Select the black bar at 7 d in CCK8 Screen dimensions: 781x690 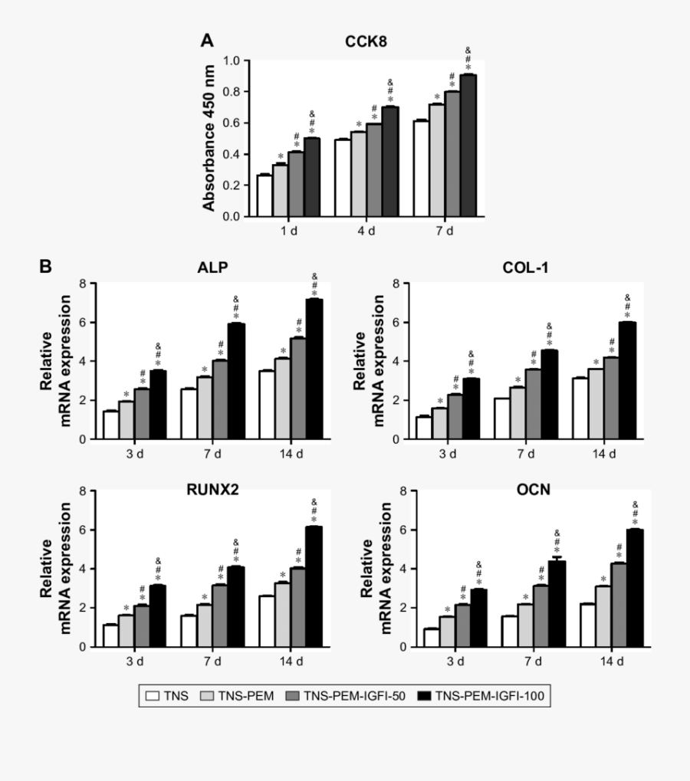tap(468, 146)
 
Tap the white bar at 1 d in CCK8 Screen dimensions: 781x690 tap(264, 196)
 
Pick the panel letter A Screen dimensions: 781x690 tap(206, 39)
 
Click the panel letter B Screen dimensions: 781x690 tap(46, 267)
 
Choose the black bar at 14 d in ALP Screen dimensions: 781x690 tap(314, 369)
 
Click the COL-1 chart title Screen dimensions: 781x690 tap(525, 267)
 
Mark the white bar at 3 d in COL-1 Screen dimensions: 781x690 tap(423, 428)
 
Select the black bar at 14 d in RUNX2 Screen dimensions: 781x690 tap(314, 586)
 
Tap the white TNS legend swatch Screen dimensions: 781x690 tap(153, 696)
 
